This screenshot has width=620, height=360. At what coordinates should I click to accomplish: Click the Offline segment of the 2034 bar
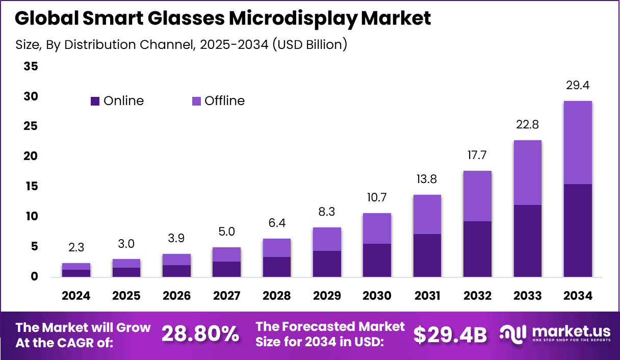pos(578,142)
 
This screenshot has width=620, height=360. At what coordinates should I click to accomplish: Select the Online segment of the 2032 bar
pos(477,249)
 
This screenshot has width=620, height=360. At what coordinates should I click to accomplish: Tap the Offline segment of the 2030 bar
pos(377,228)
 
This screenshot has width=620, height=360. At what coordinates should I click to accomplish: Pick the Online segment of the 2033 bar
pos(527,241)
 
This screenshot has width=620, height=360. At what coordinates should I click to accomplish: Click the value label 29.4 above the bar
pos(578,85)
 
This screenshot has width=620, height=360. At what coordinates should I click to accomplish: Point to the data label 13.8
pos(427,179)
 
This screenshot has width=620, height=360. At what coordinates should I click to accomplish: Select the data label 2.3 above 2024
pos(76,248)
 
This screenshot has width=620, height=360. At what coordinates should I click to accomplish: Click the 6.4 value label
pos(276,223)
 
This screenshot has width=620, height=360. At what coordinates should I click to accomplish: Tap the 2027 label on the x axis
pos(226,296)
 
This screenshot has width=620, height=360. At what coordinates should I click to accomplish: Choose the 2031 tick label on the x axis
pos(427,296)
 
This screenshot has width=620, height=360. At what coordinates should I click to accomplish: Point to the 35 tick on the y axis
pos(31,66)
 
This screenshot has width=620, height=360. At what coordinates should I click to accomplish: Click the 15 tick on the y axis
pos(31,187)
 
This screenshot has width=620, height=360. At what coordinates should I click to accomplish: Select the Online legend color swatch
pos(95,101)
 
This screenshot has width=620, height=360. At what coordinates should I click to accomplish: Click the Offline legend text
pos(224,101)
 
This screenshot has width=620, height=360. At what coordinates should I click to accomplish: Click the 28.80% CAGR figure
pos(200,335)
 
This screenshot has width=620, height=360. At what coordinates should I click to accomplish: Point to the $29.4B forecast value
pos(450,335)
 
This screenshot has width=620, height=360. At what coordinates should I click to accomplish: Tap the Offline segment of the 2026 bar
pos(176,260)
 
